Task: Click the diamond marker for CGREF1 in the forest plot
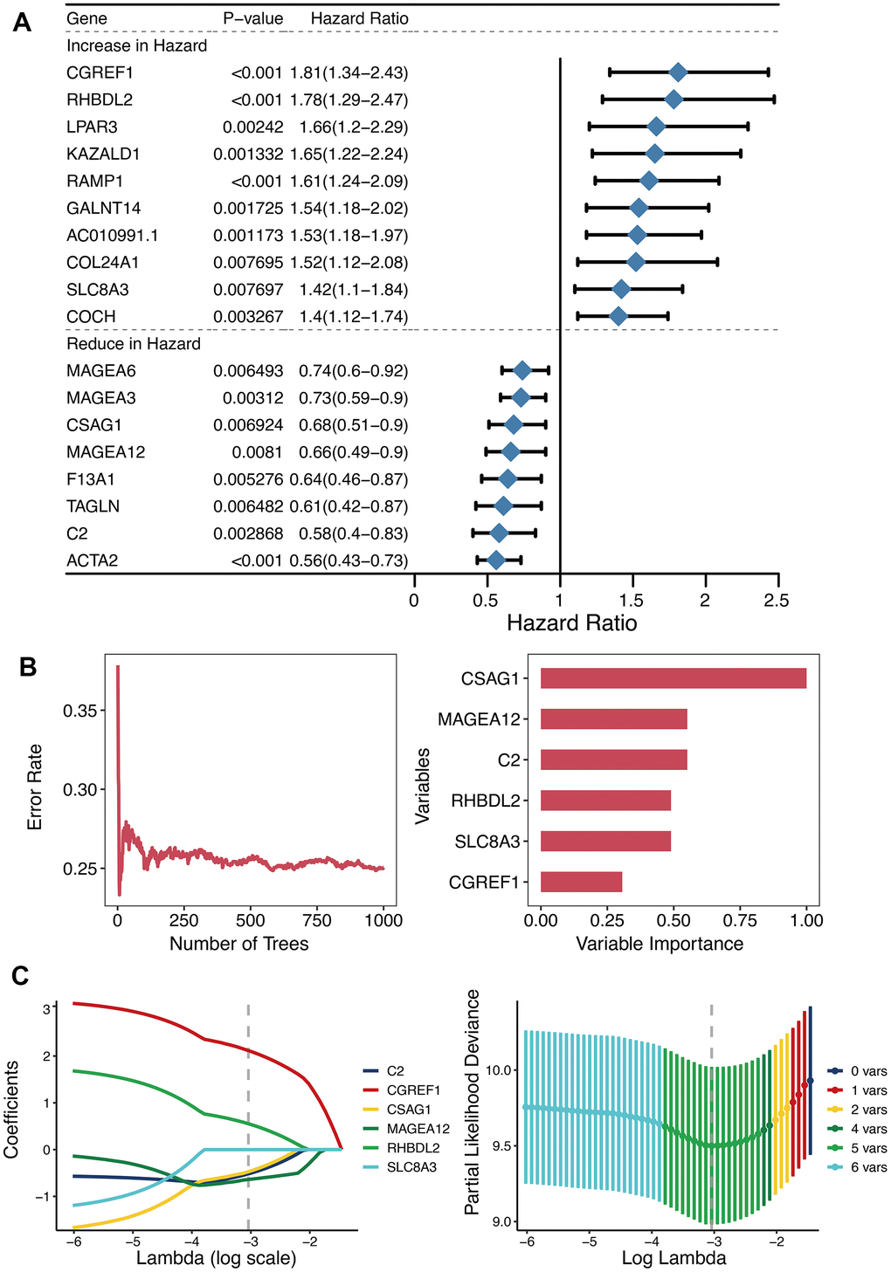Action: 678,72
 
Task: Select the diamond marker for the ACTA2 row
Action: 495,560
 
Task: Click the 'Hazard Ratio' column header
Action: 359,18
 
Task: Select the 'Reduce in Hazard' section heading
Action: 134,344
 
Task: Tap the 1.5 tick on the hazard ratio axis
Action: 632,601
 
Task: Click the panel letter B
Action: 28,668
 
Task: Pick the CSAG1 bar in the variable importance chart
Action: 673,678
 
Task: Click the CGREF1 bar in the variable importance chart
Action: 581,882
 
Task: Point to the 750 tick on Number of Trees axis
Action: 316,920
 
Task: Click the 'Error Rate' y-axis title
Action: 35,787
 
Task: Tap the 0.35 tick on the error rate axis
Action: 80,711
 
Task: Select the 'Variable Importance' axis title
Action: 660,944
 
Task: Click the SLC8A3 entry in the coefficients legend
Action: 411,1167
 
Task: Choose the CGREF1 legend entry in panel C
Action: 413,1090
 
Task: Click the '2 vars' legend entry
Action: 868,1110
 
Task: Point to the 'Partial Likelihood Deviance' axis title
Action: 473,1102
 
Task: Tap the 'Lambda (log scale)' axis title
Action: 217,1258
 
